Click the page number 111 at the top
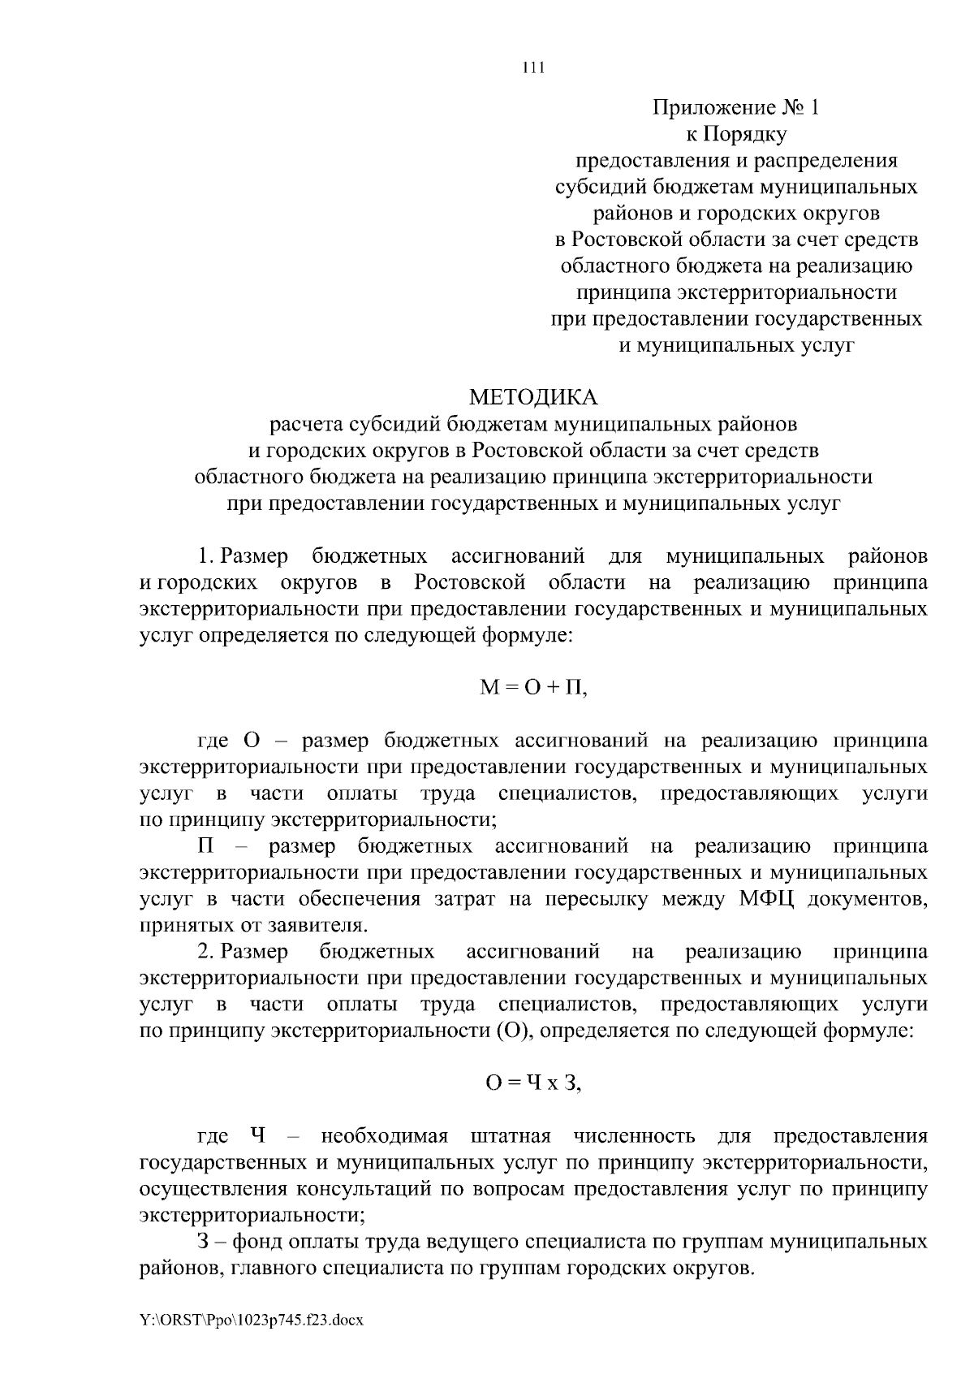[x=532, y=69]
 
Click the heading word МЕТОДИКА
[x=533, y=397]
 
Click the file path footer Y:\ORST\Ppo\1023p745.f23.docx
[x=252, y=1321]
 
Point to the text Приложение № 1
[x=736, y=107]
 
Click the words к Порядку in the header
[x=736, y=134]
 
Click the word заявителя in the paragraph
[x=316, y=925]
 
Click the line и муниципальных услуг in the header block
[x=736, y=344]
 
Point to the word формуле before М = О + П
[x=528, y=635]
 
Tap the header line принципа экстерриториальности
[x=736, y=292]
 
